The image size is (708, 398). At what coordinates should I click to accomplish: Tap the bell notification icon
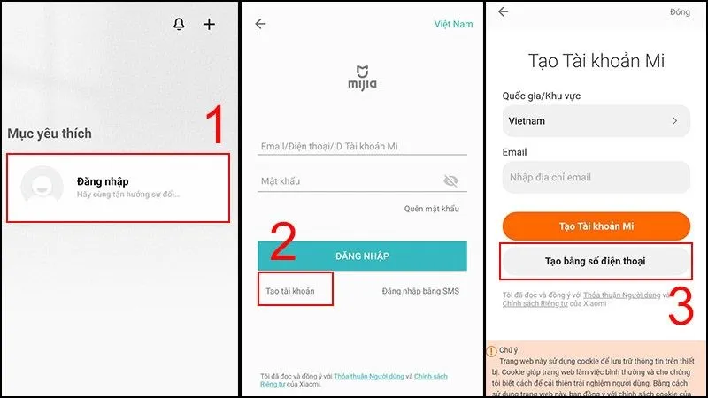pyautogui.click(x=180, y=24)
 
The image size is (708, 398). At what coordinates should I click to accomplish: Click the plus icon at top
pyautogui.click(x=209, y=24)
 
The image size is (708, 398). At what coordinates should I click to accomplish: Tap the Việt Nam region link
pyautogui.click(x=453, y=24)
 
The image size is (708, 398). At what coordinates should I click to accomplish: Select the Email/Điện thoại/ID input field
pyautogui.click(x=362, y=147)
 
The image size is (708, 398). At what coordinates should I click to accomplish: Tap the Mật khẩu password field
pyautogui.click(x=350, y=181)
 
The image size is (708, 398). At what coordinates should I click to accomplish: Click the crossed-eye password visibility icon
pyautogui.click(x=451, y=181)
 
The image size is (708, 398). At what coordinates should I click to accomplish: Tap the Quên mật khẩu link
pyautogui.click(x=432, y=209)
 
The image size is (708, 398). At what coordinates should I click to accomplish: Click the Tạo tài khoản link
pyautogui.click(x=290, y=291)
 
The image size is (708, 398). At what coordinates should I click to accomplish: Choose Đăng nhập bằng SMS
pyautogui.click(x=420, y=291)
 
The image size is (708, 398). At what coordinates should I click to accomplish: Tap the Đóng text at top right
pyautogui.click(x=680, y=11)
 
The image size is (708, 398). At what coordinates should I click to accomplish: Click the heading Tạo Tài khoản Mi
pyautogui.click(x=596, y=61)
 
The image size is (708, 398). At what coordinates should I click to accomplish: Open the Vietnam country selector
pyautogui.click(x=596, y=120)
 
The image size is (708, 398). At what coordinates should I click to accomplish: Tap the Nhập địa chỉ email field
pyautogui.click(x=596, y=177)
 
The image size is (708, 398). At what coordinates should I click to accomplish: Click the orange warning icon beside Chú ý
pyautogui.click(x=492, y=350)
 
